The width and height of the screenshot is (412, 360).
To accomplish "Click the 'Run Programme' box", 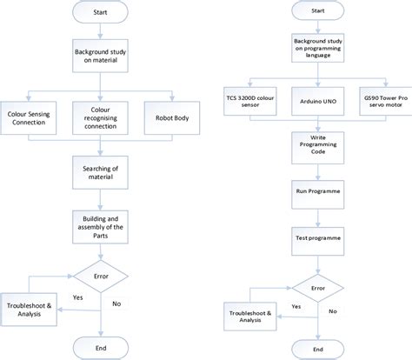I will pyautogui.click(x=318, y=190).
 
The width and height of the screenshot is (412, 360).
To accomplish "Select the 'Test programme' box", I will pyautogui.click(x=318, y=237).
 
